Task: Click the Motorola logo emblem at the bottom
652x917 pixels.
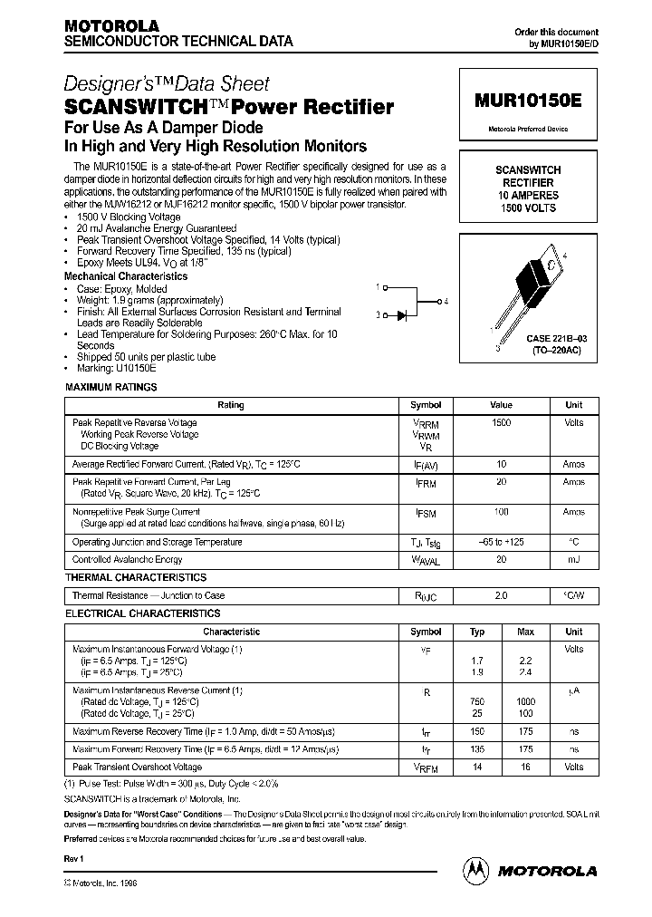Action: pyautogui.click(x=475, y=871)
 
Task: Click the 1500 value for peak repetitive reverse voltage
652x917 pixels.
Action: pyautogui.click(x=501, y=423)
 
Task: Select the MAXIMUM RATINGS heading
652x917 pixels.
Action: pyautogui.click(x=111, y=387)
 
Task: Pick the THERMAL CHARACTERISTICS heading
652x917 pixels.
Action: pyautogui.click(x=136, y=577)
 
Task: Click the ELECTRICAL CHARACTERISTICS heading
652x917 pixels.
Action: pyautogui.click(x=142, y=613)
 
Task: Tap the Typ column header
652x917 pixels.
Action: pyautogui.click(x=478, y=632)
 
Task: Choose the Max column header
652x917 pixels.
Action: pyautogui.click(x=525, y=632)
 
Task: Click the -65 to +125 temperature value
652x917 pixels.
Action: pyautogui.click(x=501, y=542)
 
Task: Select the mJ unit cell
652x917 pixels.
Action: pyautogui.click(x=574, y=560)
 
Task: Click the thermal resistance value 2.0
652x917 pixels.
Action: pyautogui.click(x=501, y=596)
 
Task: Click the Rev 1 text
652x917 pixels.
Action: pyautogui.click(x=74, y=857)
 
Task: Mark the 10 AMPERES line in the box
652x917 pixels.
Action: pyautogui.click(x=528, y=196)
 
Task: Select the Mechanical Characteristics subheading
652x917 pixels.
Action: pyautogui.click(x=126, y=276)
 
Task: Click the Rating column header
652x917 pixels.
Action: pyautogui.click(x=231, y=405)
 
